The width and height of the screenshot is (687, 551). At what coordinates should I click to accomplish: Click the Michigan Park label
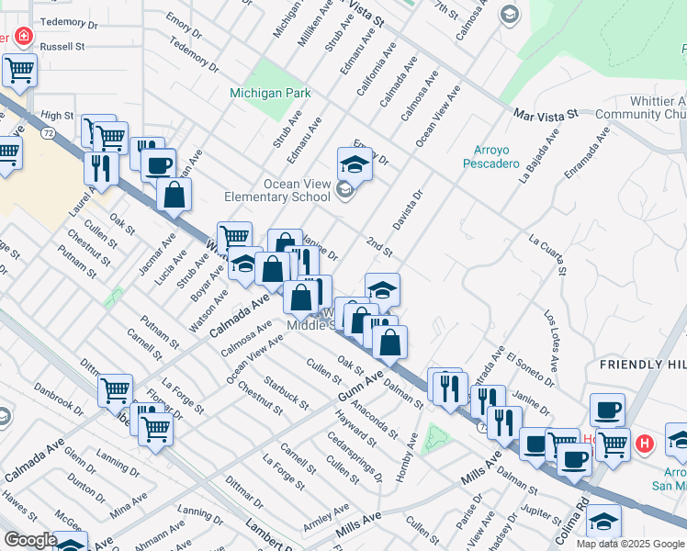click(x=270, y=93)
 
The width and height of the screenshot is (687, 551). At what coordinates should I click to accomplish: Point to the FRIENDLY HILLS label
click(x=643, y=365)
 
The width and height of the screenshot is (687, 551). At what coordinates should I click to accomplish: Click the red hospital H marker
click(x=645, y=444)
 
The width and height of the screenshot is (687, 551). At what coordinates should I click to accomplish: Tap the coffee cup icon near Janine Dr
click(x=606, y=410)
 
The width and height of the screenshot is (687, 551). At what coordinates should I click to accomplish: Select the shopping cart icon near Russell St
click(x=19, y=69)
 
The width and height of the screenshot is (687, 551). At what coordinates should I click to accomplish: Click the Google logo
click(x=30, y=539)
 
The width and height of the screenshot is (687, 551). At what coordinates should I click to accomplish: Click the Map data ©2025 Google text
click(x=630, y=544)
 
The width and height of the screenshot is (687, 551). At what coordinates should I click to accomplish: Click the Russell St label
click(x=62, y=44)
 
